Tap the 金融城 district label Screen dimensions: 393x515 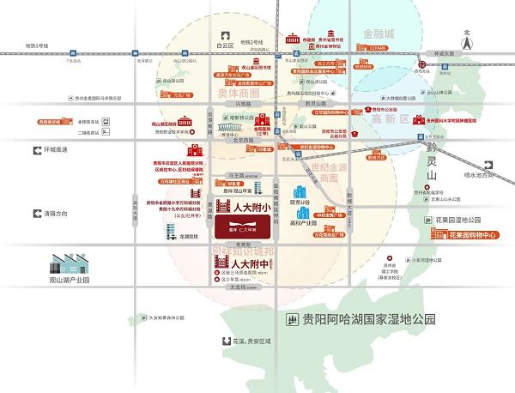[x=379, y=33]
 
